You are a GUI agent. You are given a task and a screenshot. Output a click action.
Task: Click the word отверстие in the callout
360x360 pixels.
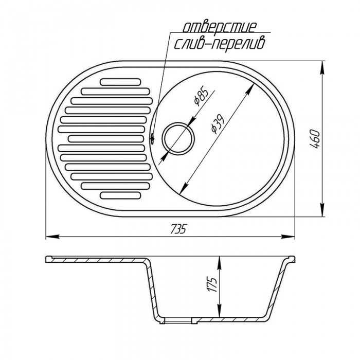tap(219, 27)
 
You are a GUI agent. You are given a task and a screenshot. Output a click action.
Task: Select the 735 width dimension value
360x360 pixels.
tap(178, 228)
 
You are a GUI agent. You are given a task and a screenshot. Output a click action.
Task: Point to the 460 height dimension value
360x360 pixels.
tap(314, 139)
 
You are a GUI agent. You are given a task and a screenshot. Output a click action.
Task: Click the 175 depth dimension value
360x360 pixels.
tap(212, 285)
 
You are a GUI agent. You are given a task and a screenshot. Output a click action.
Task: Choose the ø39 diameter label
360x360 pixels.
tap(217, 124)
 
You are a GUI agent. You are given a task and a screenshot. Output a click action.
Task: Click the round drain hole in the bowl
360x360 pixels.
tap(178, 138)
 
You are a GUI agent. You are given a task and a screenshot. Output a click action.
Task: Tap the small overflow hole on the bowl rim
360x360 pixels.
tap(152, 138)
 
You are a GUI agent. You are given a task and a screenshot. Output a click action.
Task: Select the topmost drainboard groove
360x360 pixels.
tap(120, 82)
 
